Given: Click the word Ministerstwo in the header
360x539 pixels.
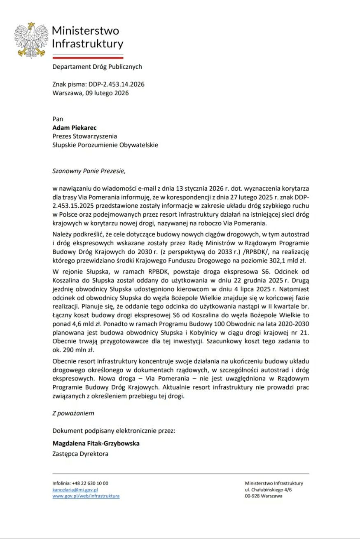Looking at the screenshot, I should [85, 31].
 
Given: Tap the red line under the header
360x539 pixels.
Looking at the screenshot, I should [88, 58].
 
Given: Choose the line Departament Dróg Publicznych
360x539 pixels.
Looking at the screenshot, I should [97, 66].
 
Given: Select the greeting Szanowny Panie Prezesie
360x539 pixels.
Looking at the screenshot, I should [88, 170].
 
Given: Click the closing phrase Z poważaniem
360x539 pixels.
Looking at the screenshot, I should [73, 412].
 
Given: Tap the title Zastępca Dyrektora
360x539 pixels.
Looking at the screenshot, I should [80, 454].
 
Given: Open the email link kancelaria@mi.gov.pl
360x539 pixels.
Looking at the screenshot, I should [75, 490].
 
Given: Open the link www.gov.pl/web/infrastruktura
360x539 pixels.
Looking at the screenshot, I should [86, 496].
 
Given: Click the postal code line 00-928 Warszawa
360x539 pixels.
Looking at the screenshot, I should [264, 496].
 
